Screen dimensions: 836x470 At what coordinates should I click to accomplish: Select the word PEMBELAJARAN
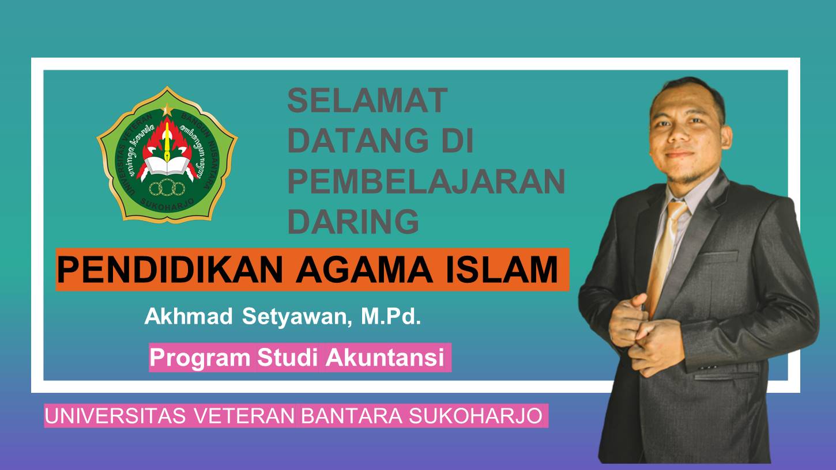point(426,181)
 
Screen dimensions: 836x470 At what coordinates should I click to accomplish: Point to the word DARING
point(353,221)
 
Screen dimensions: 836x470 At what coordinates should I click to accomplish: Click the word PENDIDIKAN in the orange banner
point(170,270)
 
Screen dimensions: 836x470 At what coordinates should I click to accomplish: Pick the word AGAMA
point(364,270)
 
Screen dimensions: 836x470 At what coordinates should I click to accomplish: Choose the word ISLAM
point(502,270)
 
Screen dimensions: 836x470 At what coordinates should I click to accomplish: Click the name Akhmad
point(189,316)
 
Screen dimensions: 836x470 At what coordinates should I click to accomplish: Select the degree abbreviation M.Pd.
point(391,316)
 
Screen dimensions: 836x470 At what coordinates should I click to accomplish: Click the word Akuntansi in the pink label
point(385,358)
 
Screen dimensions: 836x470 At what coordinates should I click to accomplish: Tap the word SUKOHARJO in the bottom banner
point(476,416)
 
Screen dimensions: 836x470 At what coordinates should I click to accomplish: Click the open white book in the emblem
point(167,165)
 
